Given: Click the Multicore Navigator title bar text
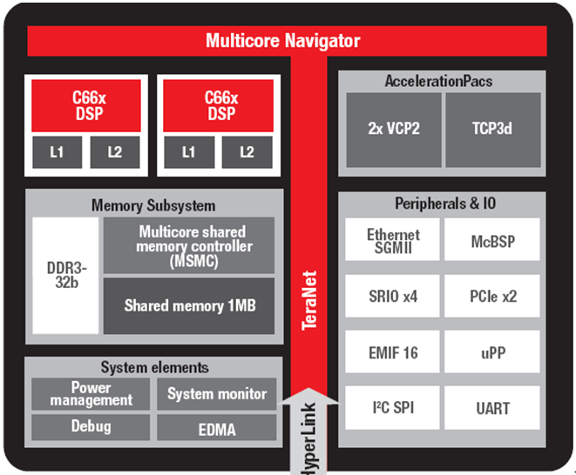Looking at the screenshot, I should click(x=282, y=41).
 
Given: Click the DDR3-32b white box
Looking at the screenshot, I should click(x=65, y=275).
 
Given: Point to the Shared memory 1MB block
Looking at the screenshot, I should click(x=189, y=305).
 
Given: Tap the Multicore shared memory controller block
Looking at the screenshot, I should click(x=189, y=245).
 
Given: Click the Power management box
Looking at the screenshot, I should click(x=91, y=394).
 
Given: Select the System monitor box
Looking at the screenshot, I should click(x=216, y=394).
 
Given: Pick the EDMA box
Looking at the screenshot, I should click(x=216, y=428).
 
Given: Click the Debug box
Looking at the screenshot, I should click(x=91, y=427).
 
